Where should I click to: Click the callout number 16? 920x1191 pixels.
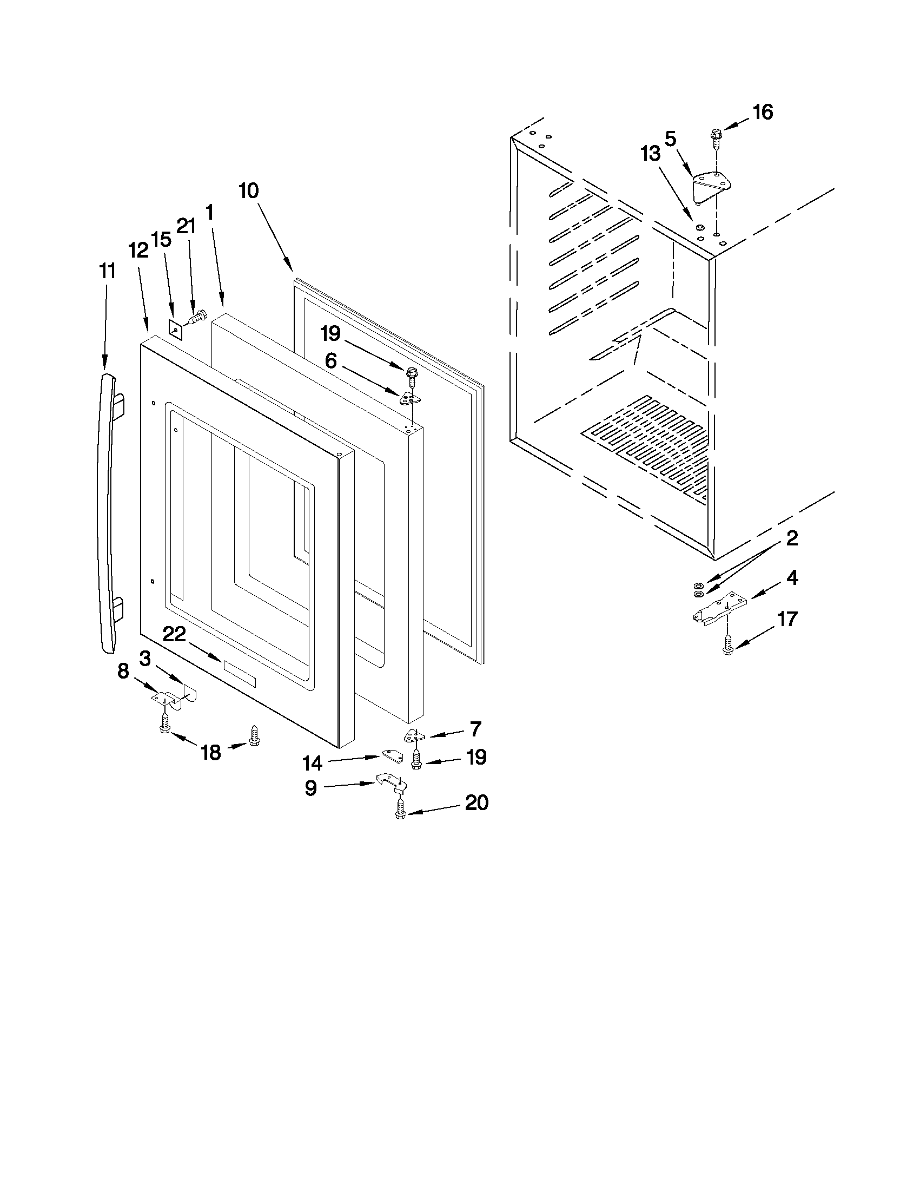(763, 113)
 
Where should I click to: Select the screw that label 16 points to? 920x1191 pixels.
(716, 140)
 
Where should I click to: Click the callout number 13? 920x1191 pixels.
(650, 154)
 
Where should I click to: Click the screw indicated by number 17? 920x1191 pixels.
(727, 646)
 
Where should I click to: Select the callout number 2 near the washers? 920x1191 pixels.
(792, 539)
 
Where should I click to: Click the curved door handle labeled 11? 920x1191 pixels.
(109, 512)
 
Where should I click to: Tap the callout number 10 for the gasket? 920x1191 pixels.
(249, 192)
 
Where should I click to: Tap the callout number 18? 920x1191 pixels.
(211, 753)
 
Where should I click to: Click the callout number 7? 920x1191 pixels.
(475, 729)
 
